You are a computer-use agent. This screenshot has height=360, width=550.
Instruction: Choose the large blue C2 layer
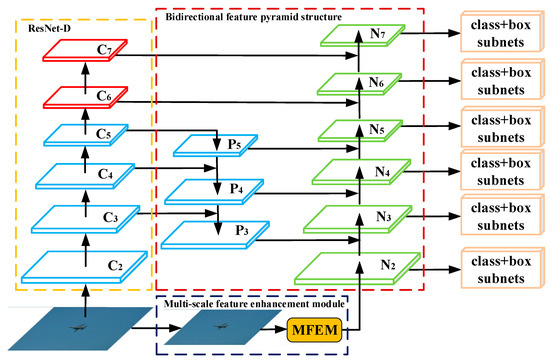pyautogui.click(x=88, y=264)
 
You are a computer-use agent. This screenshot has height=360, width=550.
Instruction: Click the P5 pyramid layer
pyautogui.click(x=216, y=147)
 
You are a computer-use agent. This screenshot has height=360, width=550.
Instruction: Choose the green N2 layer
pyautogui.click(x=362, y=265)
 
